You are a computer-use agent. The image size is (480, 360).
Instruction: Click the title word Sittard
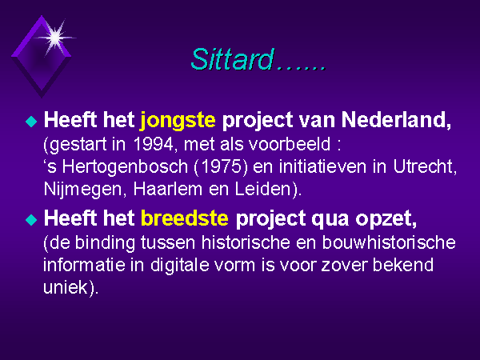232,59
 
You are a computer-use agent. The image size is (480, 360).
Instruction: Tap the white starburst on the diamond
55,38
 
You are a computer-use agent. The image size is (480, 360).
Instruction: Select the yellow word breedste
185,218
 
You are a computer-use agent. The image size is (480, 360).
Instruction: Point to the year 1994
154,144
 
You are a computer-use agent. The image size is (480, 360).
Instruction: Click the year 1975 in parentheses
221,167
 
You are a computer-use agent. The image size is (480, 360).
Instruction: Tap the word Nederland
396,119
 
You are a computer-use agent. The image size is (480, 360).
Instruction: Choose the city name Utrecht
425,166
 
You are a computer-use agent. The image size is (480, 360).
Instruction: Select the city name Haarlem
168,189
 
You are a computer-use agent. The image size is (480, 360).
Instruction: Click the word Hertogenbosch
125,167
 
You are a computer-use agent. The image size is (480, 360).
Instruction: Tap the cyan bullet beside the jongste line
31,122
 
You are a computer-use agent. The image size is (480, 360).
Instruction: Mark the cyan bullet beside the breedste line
31,220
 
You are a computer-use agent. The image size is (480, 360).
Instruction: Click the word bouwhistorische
389,242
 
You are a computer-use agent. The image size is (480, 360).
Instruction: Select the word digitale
180,265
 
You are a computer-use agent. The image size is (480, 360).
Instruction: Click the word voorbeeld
290,144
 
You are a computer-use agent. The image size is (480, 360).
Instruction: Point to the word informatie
84,265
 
